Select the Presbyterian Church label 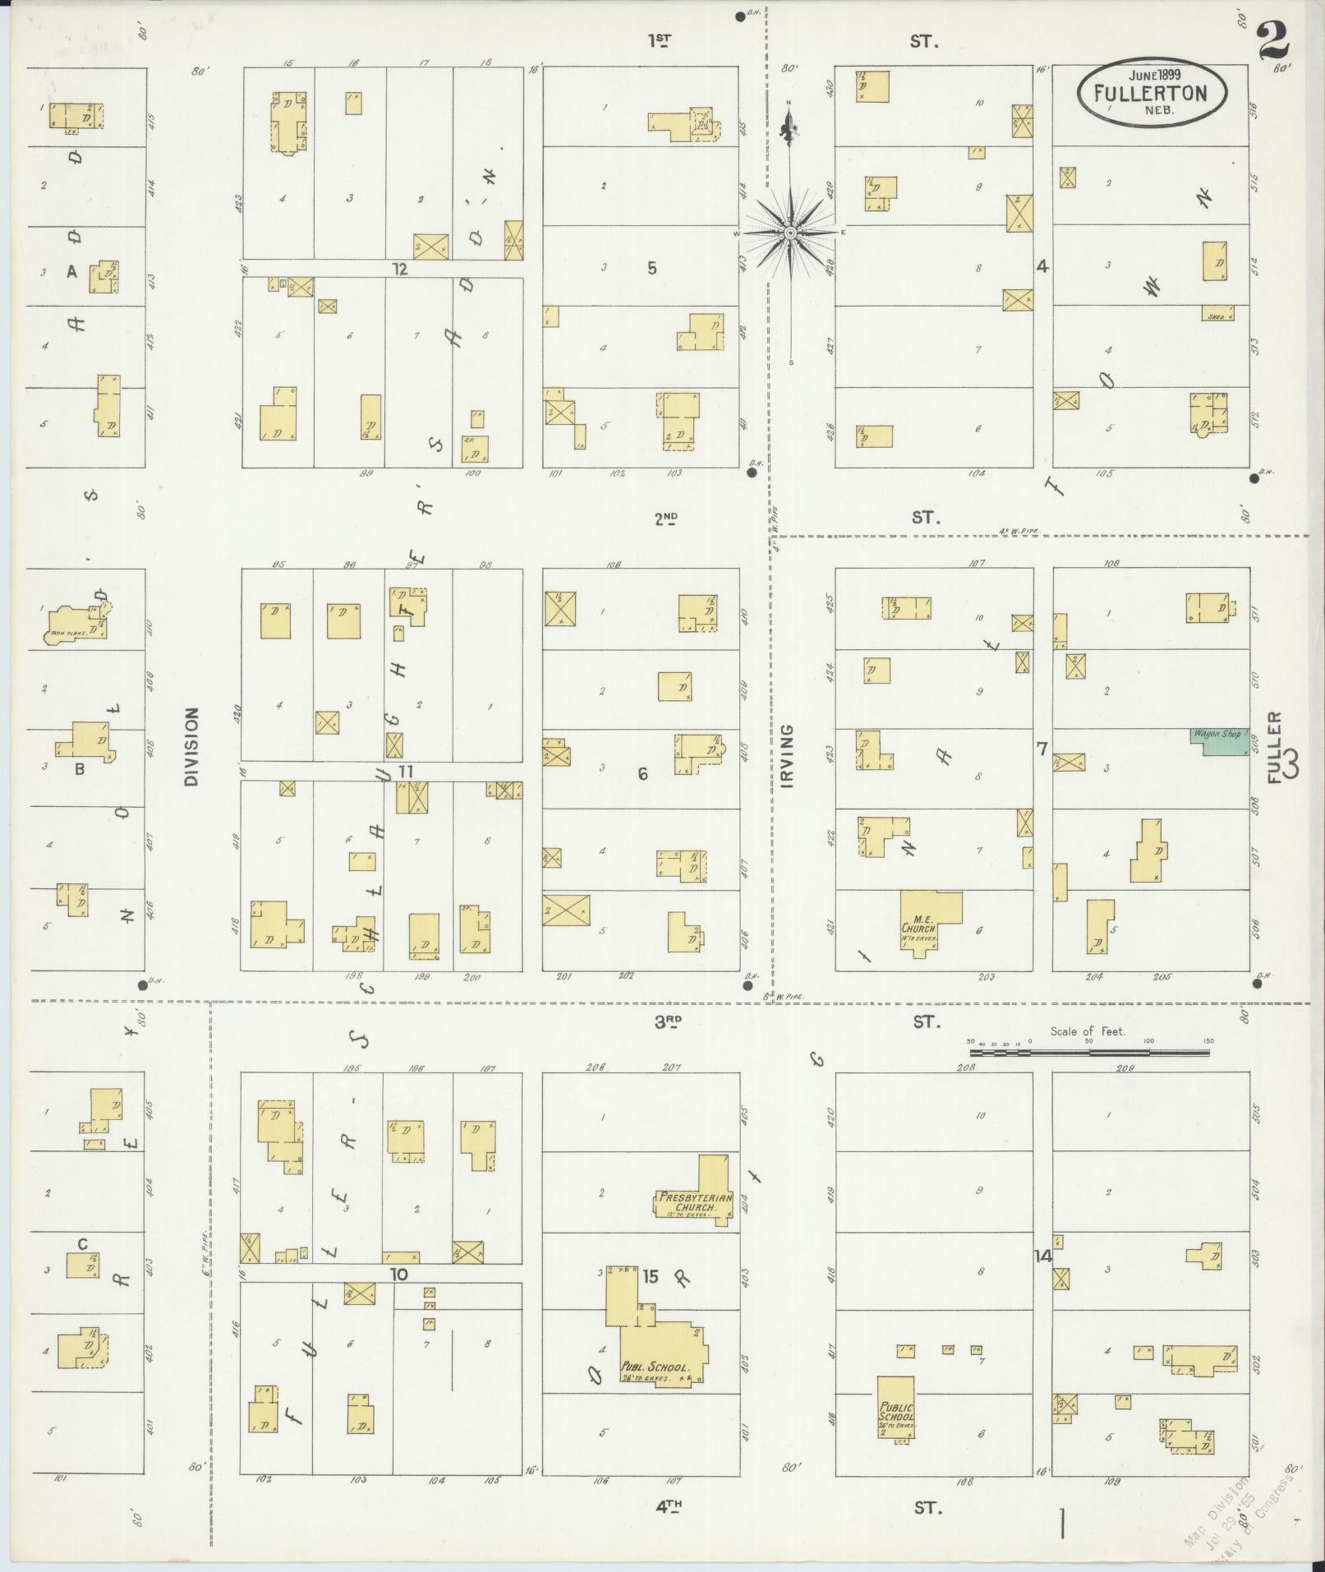click(x=695, y=1203)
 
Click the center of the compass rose click(x=790, y=233)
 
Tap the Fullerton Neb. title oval click(x=1151, y=92)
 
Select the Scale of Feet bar click(x=1088, y=1051)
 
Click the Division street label click(x=191, y=747)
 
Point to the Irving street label click(x=788, y=755)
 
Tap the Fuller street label click(x=1274, y=748)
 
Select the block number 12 click(x=399, y=269)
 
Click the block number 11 click(x=406, y=771)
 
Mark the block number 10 click(x=399, y=1275)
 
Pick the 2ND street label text click(x=666, y=518)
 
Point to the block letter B click(x=80, y=770)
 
